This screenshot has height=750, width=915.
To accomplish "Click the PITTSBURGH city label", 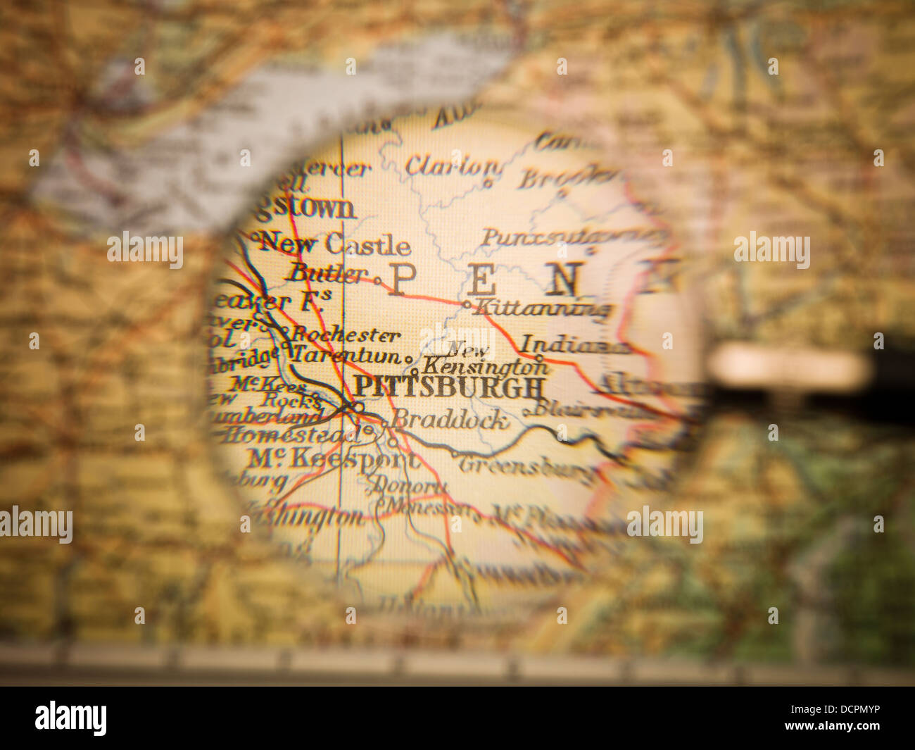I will coord(448,387).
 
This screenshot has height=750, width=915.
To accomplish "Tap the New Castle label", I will coord(335,244).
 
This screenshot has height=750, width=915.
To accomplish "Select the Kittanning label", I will coord(541,308).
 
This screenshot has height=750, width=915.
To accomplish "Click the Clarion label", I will coord(452,166).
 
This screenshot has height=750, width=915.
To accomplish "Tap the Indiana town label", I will coord(573,345).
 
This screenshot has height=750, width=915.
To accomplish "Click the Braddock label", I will coord(450,420).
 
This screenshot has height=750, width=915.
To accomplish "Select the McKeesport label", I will coord(332,459).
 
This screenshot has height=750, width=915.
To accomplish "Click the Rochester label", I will coord(346,335).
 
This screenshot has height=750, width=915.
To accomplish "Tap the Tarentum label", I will coord(346,355).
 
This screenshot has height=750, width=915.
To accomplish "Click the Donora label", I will coord(408,485).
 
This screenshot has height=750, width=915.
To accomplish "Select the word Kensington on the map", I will coord(486,367).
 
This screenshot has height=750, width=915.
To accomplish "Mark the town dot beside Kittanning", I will coord(467,305).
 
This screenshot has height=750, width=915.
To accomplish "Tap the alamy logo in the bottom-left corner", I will coord(70,718).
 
